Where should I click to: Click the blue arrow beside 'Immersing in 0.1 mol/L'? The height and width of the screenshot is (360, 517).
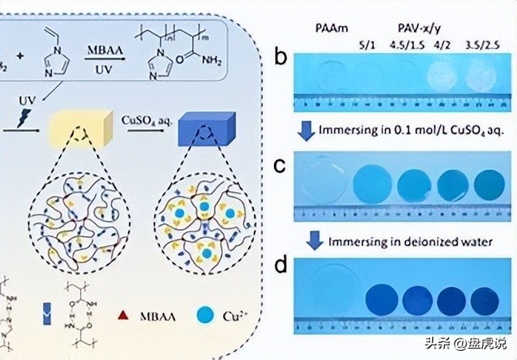pyautogui.click(x=307, y=131)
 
